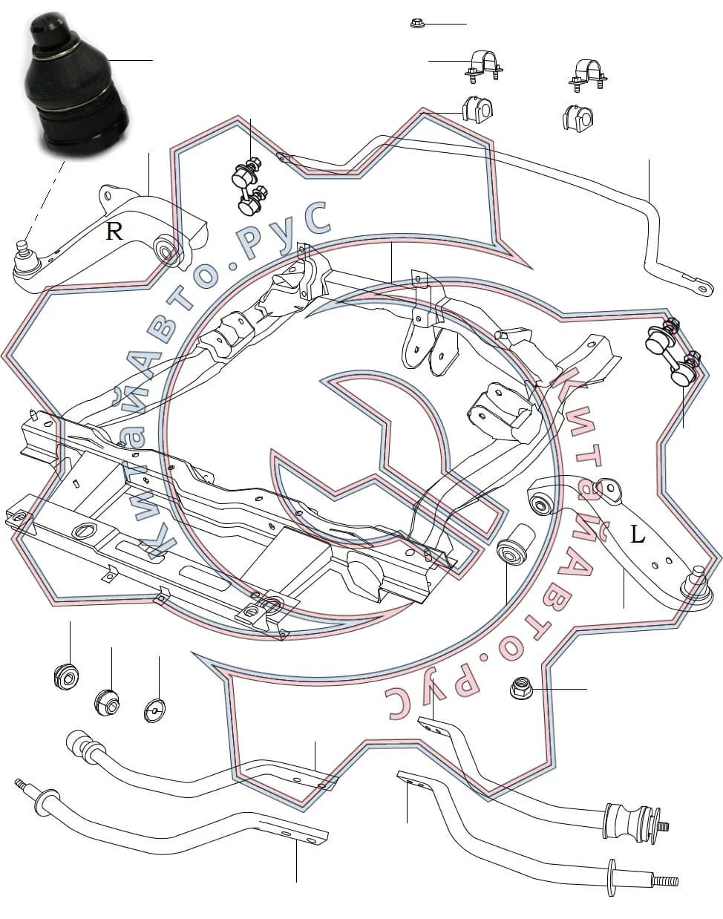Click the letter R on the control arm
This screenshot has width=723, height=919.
tap(114, 231)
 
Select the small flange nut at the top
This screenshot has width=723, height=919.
tap(416, 23)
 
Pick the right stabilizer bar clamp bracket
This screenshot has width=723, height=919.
tap(588, 75)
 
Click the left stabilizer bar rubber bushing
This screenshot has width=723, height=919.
tap(477, 110)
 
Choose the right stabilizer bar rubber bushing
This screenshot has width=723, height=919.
tap(578, 117)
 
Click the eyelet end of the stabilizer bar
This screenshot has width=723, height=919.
tap(701, 287)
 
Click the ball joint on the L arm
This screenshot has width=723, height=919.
tap(696, 585)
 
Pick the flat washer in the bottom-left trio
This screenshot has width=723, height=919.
tap(155, 710)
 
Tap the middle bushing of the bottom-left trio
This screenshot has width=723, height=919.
tap(107, 701)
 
